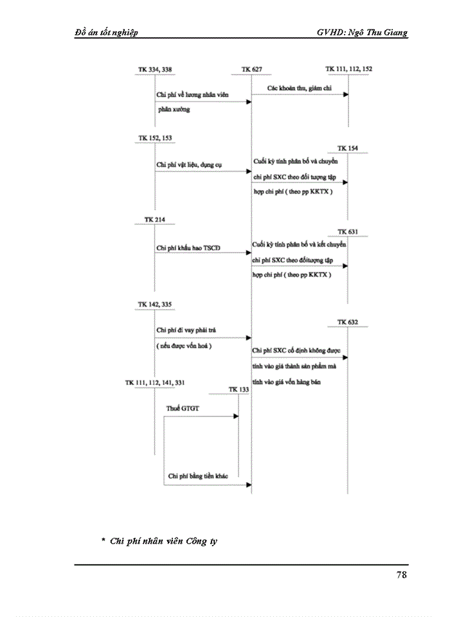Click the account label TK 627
[251, 69]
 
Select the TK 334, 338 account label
[155, 69]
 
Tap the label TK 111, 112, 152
[349, 68]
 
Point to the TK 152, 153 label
[155, 138]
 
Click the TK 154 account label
[348, 148]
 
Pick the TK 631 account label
[348, 231]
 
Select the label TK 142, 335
[155, 304]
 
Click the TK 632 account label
[348, 321]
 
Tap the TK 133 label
[239, 389]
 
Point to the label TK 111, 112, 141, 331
[155, 382]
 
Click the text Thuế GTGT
[181, 408]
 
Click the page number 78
[401, 575]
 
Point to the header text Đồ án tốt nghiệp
[107, 32]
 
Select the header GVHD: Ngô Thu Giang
[362, 32]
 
